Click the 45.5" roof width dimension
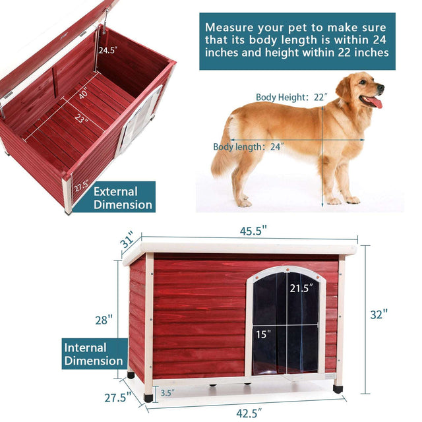point(254,232)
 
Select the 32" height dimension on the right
point(377,315)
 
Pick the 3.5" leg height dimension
point(167,394)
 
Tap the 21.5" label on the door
point(301,288)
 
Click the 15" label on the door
point(264,334)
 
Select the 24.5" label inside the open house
point(109,50)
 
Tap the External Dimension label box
point(123,198)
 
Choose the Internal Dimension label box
point(94,354)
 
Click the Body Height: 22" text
point(291,97)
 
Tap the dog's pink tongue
point(375,103)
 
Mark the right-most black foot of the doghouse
point(338,389)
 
